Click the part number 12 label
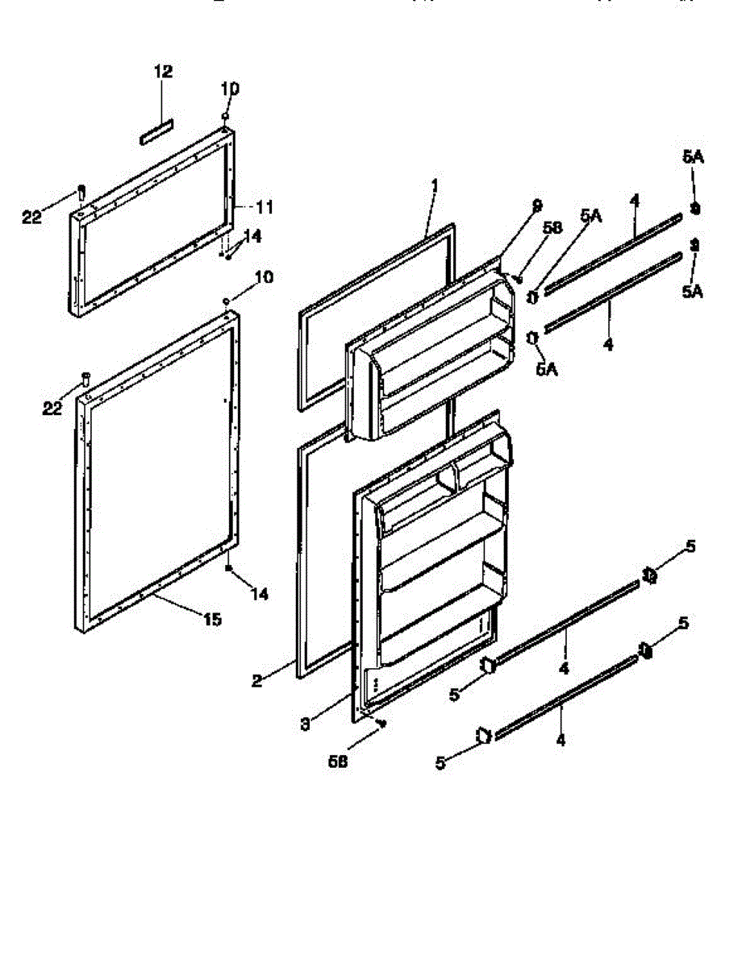[x=163, y=72]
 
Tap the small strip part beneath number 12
[x=156, y=132]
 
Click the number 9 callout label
[x=538, y=206]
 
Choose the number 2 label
[x=256, y=682]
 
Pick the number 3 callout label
[x=305, y=724]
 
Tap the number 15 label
[x=212, y=620]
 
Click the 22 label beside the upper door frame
[x=31, y=216]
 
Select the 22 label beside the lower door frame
[x=52, y=409]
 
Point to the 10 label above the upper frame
[x=231, y=88]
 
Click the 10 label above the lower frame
[x=263, y=277]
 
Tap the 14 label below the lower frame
[x=259, y=594]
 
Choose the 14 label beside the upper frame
[x=252, y=236]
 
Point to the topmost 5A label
[x=692, y=158]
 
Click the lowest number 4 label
[x=560, y=740]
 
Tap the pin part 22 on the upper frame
[x=81, y=192]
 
